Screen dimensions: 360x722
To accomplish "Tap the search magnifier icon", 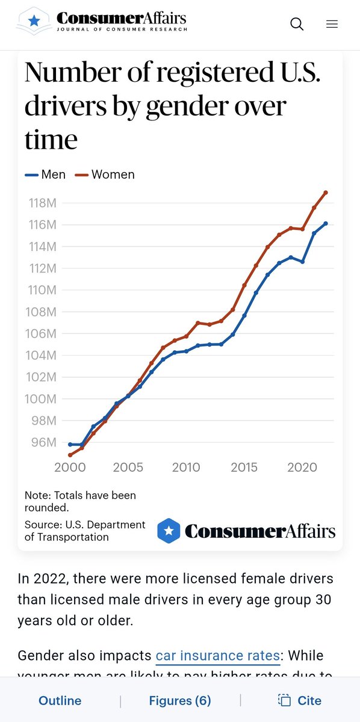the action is pyautogui.click(x=297, y=24).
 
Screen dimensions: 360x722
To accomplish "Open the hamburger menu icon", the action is pyautogui.click(x=332, y=24).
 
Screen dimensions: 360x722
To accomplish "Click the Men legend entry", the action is pyautogui.click(x=45, y=174).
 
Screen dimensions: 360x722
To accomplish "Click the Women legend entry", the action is pyautogui.click(x=105, y=174).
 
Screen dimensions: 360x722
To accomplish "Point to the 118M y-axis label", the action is pyautogui.click(x=43, y=203).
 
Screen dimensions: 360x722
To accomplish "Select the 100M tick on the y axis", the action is pyautogui.click(x=41, y=399).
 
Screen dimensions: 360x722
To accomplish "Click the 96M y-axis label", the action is pyautogui.click(x=44, y=442).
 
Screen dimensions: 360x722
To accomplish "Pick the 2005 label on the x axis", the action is pyautogui.click(x=128, y=467).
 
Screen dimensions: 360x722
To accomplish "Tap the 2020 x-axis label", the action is pyautogui.click(x=302, y=467).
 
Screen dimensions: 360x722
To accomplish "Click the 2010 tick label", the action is pyautogui.click(x=186, y=467).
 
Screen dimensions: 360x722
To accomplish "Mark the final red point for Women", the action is pyautogui.click(x=326, y=193).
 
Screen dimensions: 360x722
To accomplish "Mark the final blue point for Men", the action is pyautogui.click(x=326, y=223).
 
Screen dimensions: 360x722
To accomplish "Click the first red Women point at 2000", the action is pyautogui.click(x=70, y=455).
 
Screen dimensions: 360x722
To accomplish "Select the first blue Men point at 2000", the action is pyautogui.click(x=70, y=445).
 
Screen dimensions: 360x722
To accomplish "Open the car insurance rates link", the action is pyautogui.click(x=218, y=656).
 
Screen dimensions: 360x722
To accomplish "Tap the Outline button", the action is pyautogui.click(x=60, y=701).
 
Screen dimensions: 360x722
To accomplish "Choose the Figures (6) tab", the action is pyautogui.click(x=180, y=701).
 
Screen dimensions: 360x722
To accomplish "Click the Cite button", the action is pyautogui.click(x=300, y=701).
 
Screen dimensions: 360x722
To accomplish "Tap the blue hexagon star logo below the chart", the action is pyautogui.click(x=169, y=531).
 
